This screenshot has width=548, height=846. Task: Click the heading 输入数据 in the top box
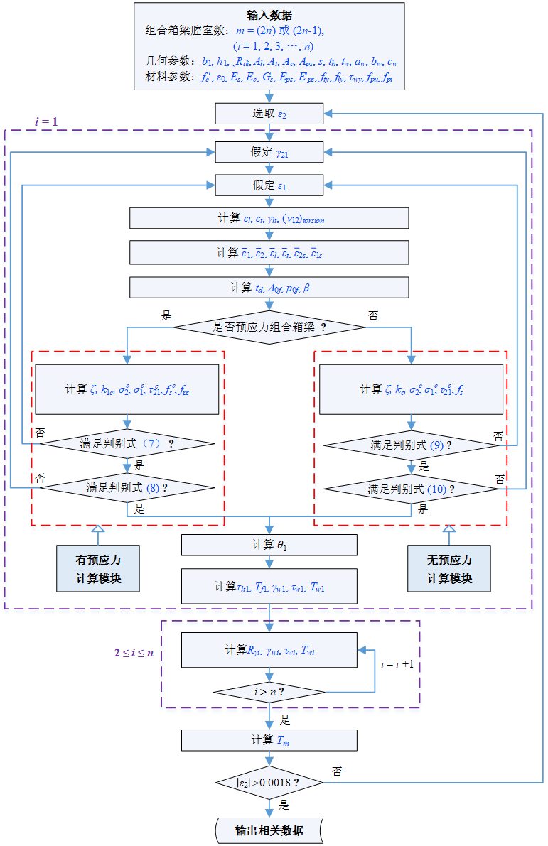(269, 15)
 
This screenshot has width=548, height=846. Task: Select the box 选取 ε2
(269, 113)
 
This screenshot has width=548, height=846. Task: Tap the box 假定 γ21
(269, 151)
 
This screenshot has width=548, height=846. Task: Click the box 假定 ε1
(269, 185)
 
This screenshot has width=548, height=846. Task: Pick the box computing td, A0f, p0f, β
(269, 287)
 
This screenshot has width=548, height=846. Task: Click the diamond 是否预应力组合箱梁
(269, 327)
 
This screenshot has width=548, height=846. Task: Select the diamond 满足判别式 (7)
(127, 443)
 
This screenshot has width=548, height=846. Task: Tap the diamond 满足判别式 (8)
(127, 487)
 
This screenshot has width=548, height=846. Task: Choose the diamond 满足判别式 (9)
(411, 445)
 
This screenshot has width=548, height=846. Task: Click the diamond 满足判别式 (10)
(411, 489)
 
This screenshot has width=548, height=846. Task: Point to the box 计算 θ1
(269, 545)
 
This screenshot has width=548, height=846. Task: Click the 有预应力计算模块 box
(98, 568)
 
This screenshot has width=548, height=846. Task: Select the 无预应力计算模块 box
(448, 568)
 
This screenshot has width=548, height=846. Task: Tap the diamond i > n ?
(269, 691)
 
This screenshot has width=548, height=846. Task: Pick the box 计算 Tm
(269, 740)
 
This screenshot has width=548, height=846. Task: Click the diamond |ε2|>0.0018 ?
(269, 782)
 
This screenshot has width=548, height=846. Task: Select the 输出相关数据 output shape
(269, 830)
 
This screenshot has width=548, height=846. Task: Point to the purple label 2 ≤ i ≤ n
(135, 652)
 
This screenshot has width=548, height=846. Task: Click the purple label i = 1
(46, 121)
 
